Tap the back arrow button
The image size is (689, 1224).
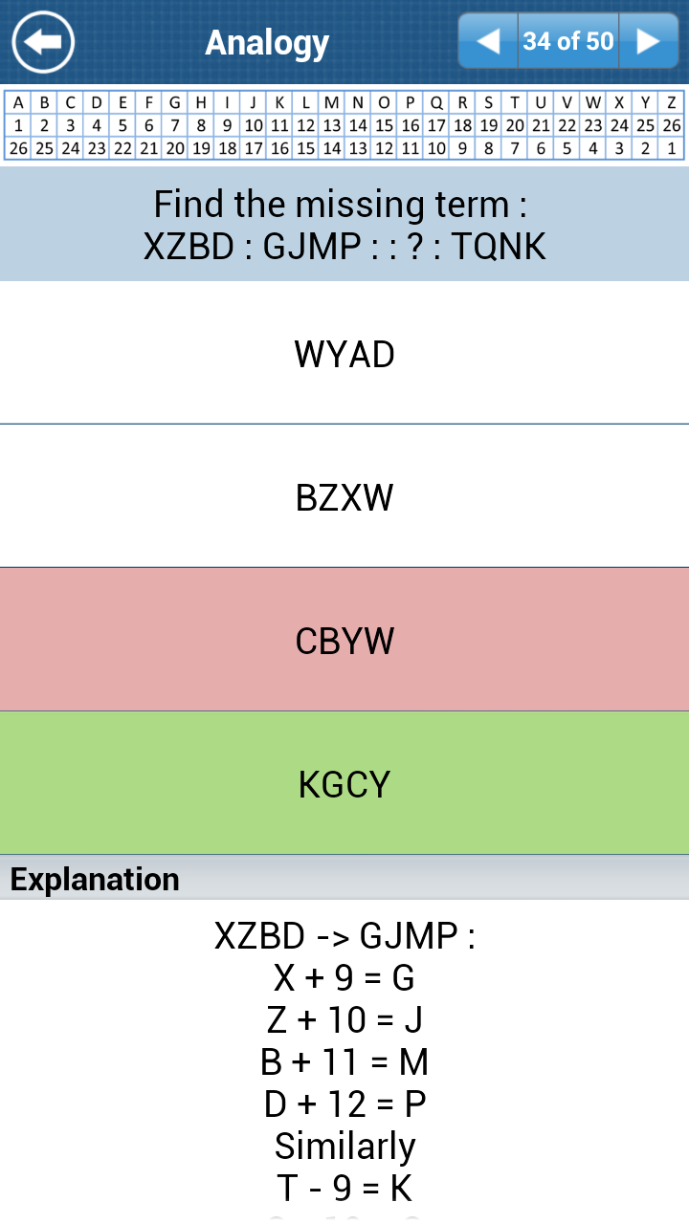[x=43, y=42]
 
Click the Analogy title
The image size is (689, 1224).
[x=267, y=43]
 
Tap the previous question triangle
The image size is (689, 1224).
[x=488, y=41]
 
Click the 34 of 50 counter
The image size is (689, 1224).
[x=568, y=41]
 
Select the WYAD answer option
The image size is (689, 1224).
[x=344, y=353]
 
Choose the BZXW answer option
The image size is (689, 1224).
[x=344, y=496]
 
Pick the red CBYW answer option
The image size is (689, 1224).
[x=344, y=640]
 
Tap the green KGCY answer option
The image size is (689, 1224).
[x=344, y=783]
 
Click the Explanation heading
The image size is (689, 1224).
[x=95, y=879]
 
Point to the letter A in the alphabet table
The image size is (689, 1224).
[x=18, y=102]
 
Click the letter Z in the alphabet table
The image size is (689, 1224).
[x=672, y=102]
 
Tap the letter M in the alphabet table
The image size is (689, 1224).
[x=331, y=102]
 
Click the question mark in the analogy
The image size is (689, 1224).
[x=415, y=246]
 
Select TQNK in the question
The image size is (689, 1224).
[x=499, y=246]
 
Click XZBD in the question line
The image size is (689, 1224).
[x=189, y=246]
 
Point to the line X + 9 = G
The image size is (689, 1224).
[x=344, y=977]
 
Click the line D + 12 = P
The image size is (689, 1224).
[x=344, y=1104]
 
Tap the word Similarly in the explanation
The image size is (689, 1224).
[x=345, y=1146]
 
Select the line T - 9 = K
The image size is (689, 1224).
[x=344, y=1188]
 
